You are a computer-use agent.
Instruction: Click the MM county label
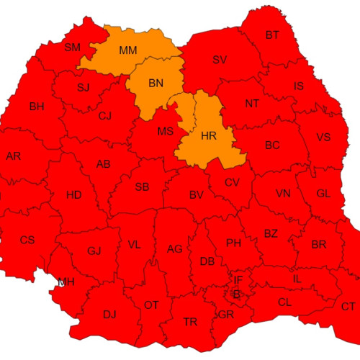pos(128,51)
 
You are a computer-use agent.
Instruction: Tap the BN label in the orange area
pos(156,84)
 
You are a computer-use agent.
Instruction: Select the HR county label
pos(209,135)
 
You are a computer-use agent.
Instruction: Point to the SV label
pos(219,60)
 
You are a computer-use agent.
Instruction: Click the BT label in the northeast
pos(272,35)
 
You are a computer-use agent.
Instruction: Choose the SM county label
pos(73,48)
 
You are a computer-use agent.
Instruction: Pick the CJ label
pos(105,116)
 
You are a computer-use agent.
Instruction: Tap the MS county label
pos(166,131)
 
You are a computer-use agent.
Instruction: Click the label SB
pos(142,187)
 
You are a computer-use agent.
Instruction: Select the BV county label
pos(196,195)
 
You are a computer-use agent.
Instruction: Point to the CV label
pos(232,182)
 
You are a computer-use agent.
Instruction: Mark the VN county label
pos(283,194)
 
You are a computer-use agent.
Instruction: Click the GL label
pos(323,193)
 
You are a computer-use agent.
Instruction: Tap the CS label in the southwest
pos(27,240)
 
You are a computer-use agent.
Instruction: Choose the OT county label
pos(151,305)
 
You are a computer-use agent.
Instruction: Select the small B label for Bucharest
pos(236,293)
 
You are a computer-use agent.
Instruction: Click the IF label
pos(238,279)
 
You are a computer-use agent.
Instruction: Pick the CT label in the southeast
pos(348,307)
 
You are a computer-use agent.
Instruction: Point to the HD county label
pos(73,195)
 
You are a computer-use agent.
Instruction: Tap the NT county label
pos(252,104)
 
